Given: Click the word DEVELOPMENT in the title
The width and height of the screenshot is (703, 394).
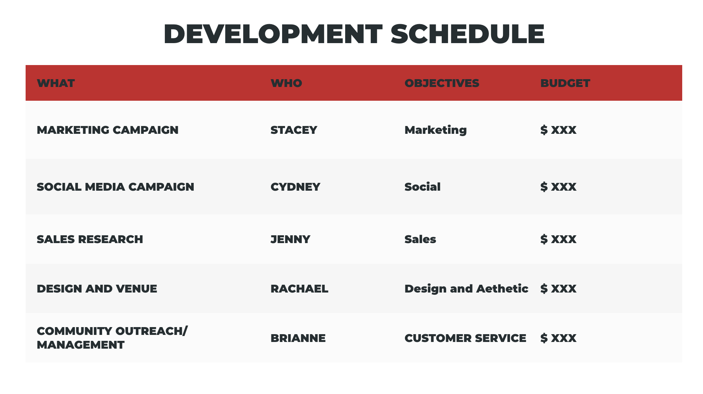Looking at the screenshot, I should click(x=273, y=34).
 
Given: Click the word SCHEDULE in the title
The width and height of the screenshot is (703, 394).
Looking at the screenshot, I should click(x=467, y=34).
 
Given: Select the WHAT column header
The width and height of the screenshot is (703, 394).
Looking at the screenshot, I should click(x=56, y=83).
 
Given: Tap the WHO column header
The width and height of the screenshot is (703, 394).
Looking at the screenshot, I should click(x=286, y=83).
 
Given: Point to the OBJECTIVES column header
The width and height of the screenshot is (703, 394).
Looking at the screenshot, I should click(x=442, y=83).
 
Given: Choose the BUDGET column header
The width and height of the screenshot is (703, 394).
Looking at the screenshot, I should click(x=565, y=83).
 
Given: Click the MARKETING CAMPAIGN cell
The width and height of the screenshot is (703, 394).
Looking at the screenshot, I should click(x=108, y=130).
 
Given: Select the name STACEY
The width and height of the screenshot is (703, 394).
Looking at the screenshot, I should click(x=294, y=130).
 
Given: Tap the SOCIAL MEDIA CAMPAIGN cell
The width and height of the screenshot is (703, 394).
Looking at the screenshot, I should click(x=115, y=187).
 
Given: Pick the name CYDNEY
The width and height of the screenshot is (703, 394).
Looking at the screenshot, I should click(x=295, y=187).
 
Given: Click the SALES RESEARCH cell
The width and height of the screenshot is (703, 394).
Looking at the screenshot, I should click(x=90, y=239).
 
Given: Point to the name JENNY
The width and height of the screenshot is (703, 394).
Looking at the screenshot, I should click(x=290, y=239).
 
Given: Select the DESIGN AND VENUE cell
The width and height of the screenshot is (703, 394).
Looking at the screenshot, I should click(x=97, y=289).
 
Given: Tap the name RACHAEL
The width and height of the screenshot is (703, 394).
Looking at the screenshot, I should click(x=299, y=289).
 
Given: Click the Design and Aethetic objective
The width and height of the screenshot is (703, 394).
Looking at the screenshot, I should click(x=466, y=289).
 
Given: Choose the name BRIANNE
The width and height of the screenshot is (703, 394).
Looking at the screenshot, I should click(x=298, y=338).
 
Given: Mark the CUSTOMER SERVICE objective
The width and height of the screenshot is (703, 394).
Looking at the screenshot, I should click(x=465, y=338).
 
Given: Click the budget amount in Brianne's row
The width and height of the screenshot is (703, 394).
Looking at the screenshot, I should click(x=558, y=338).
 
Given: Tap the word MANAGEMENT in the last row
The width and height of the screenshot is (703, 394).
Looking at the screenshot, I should click(x=81, y=345).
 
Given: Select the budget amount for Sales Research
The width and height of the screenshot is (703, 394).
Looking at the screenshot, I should click(x=558, y=239).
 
